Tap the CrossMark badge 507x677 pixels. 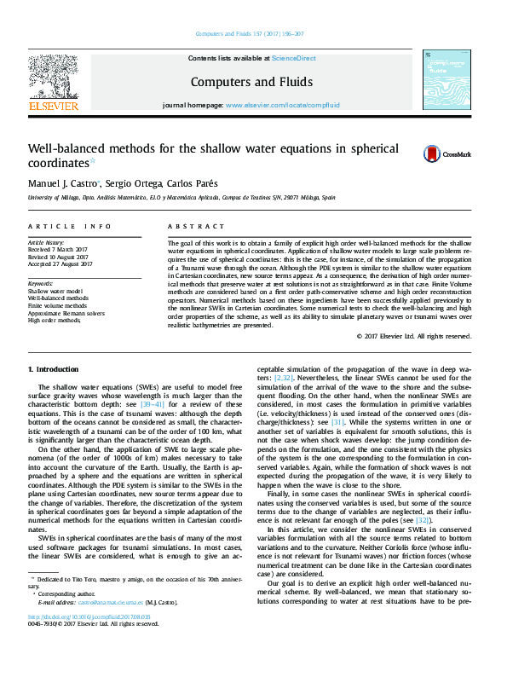coord(447,153)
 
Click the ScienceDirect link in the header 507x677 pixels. coord(293,58)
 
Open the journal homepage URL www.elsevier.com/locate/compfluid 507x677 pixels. coord(282,105)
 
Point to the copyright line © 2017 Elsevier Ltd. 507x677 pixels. coord(412,336)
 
